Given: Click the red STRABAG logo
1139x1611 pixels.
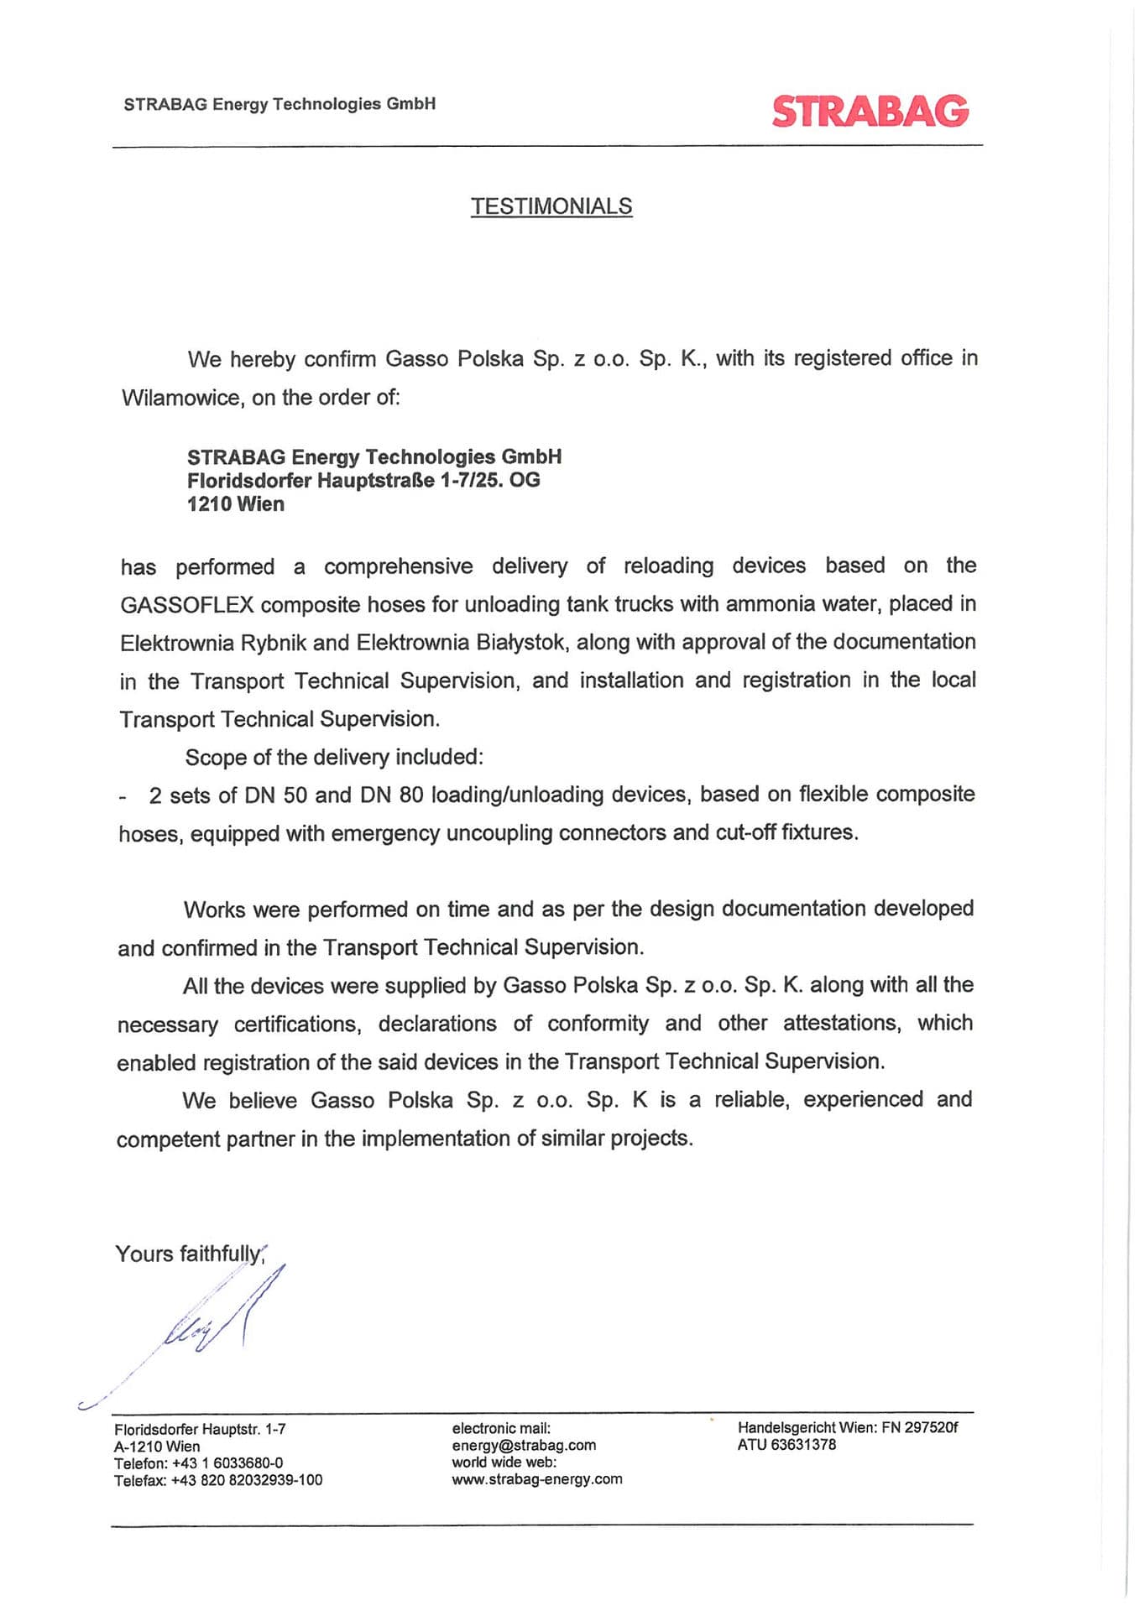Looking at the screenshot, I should pos(870,111).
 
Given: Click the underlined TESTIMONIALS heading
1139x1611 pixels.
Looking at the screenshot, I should pos(551,206).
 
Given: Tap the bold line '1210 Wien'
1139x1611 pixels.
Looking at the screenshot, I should pos(235,504).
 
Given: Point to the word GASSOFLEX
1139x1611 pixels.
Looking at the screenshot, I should pos(175,605).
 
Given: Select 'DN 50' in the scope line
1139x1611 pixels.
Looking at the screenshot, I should pos(275,795).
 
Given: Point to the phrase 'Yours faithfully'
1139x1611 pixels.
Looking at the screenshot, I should pos(188,1254).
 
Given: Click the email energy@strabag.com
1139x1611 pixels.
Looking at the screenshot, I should pos(524,1445).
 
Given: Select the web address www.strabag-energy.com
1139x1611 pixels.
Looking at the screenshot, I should pos(537,1478).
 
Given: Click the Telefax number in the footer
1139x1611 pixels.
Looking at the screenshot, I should pos(246,1480).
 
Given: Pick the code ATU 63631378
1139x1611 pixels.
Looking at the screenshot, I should pos(786,1444).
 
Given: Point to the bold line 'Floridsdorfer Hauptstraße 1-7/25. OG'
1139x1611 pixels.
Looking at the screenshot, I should pos(363,481).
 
